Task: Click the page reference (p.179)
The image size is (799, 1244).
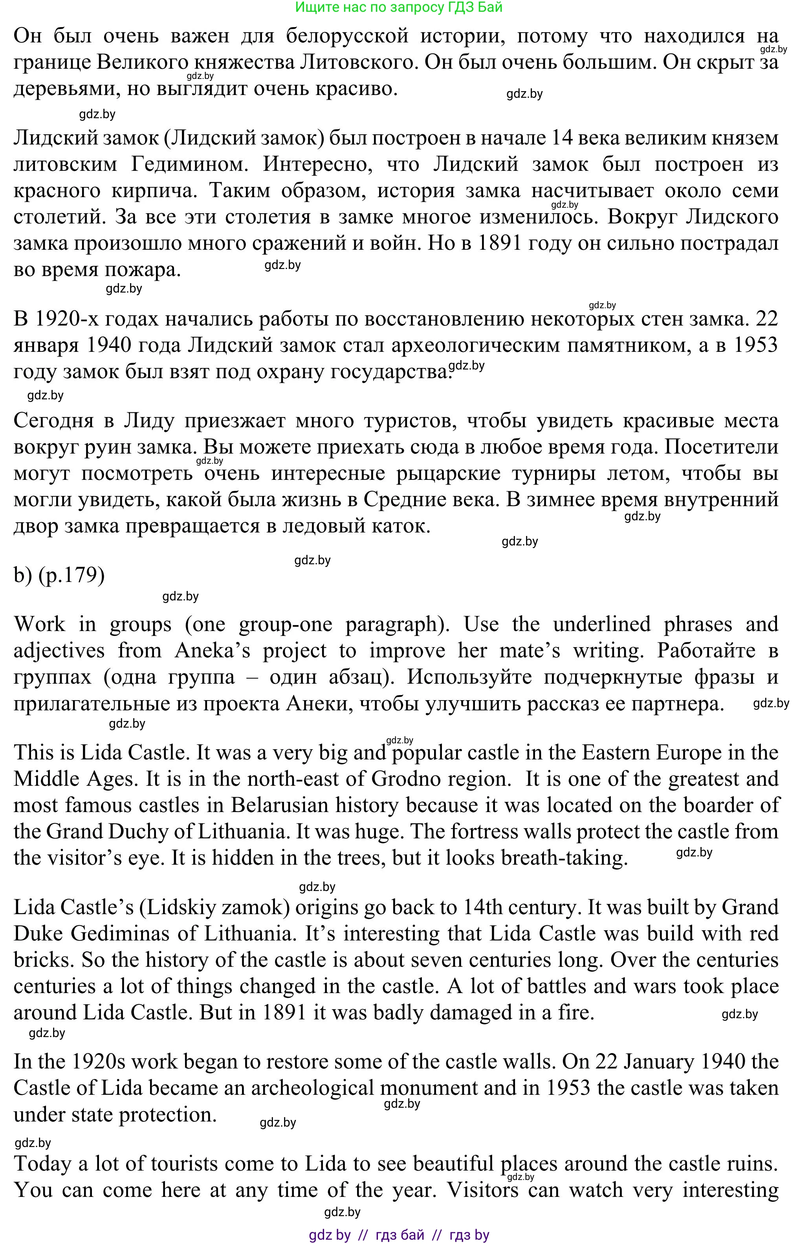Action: (x=71, y=575)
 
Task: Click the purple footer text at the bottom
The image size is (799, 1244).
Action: (x=399, y=1235)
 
